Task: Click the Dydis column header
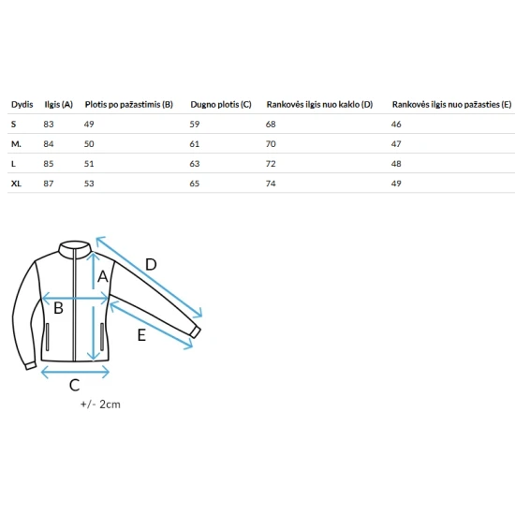(x=22, y=105)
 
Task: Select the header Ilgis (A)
(x=58, y=105)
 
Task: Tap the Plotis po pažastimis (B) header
(x=129, y=105)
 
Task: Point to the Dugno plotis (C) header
(x=221, y=105)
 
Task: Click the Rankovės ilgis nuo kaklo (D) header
(x=319, y=105)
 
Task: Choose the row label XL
(x=16, y=184)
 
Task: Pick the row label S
(x=13, y=125)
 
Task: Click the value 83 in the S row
(x=49, y=125)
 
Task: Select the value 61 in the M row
(x=195, y=144)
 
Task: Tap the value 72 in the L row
(x=271, y=164)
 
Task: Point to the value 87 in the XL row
(x=49, y=184)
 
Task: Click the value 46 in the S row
(x=396, y=125)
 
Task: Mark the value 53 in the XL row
(x=89, y=184)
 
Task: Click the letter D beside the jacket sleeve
(x=151, y=264)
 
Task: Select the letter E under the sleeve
(x=141, y=335)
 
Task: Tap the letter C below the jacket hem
(x=75, y=385)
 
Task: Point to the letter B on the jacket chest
(x=58, y=308)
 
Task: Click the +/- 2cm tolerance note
(x=100, y=405)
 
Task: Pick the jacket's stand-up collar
(x=75, y=247)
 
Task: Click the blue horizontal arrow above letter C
(x=75, y=372)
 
